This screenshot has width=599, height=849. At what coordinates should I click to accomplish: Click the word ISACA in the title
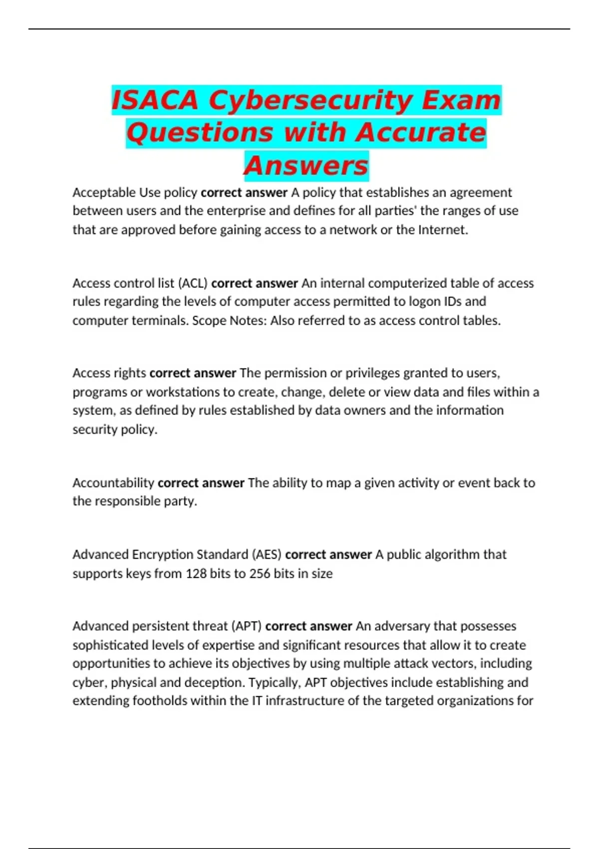point(155,100)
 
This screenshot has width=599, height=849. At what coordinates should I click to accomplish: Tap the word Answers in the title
point(306,166)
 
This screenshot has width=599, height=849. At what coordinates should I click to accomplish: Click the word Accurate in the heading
point(421,133)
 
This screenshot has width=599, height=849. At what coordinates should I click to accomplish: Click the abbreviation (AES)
point(267,554)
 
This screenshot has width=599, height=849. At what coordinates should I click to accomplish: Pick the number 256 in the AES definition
point(260,573)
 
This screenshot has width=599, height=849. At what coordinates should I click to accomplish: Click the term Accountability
point(113,483)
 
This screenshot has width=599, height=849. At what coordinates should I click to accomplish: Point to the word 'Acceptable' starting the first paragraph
point(104,192)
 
